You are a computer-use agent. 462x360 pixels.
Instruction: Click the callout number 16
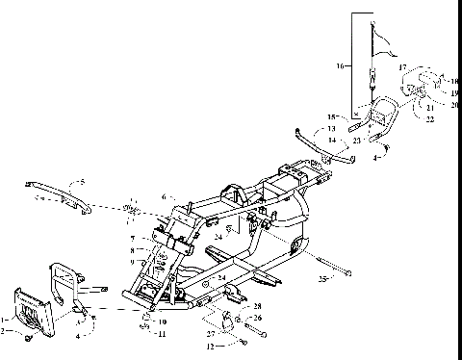(x=338, y=65)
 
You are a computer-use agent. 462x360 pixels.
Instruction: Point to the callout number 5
(x=83, y=180)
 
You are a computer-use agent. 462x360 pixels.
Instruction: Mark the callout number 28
(x=257, y=305)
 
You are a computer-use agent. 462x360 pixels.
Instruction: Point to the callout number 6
(x=165, y=195)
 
